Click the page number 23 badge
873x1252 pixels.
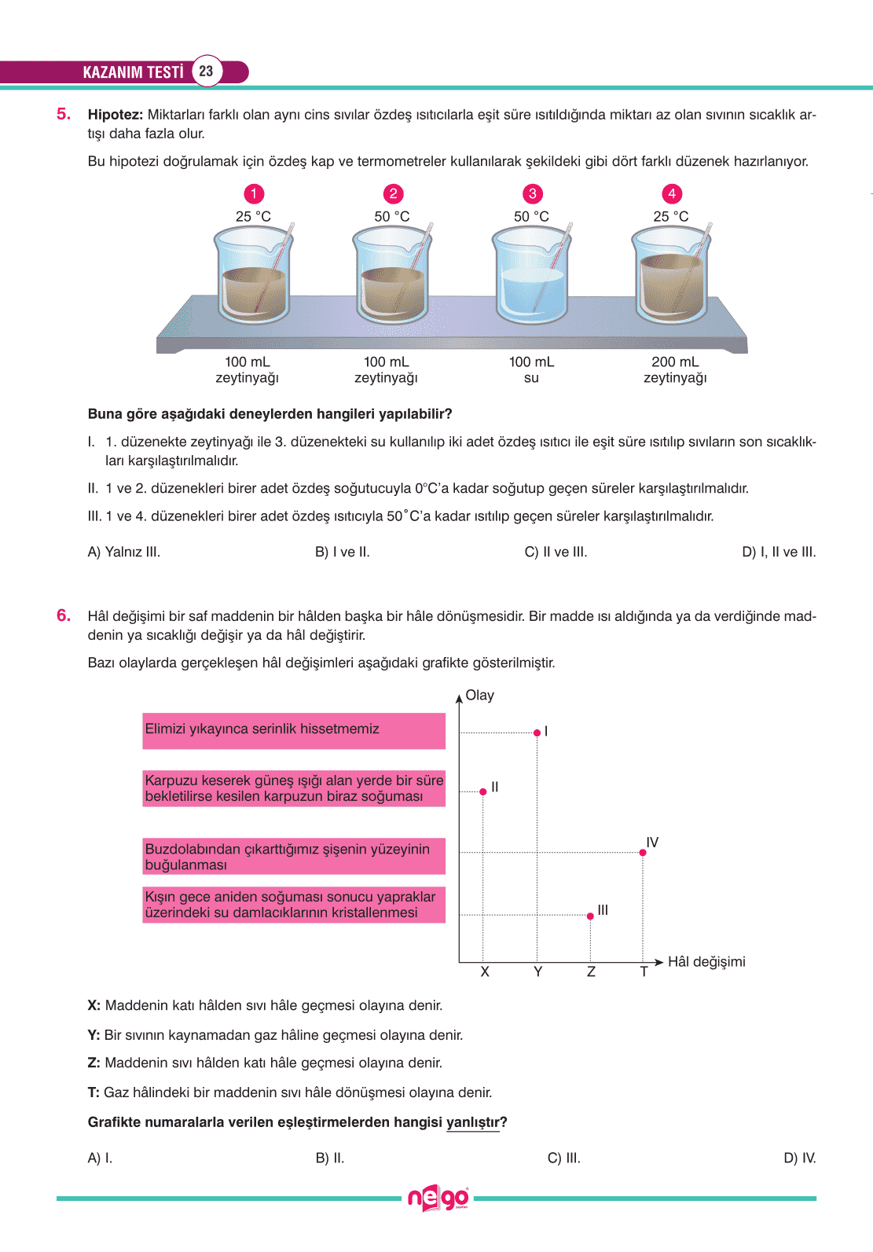click(206, 72)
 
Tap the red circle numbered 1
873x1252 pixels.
click(253, 194)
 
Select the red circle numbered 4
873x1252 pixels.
click(671, 194)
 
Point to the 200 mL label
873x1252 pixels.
click(675, 362)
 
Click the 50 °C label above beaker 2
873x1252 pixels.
click(392, 216)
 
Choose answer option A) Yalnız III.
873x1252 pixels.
click(124, 552)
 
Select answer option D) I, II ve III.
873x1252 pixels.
click(779, 552)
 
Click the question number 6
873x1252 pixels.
click(64, 615)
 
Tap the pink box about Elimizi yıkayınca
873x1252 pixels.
click(294, 730)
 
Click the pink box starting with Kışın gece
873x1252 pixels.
click(294, 905)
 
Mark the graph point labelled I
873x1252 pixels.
click(537, 732)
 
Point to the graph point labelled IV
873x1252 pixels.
click(643, 852)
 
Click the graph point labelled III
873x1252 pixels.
click(590, 916)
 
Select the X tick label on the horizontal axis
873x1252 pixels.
click(485, 972)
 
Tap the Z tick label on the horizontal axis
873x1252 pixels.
click(591, 972)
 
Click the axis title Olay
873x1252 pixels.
click(479, 696)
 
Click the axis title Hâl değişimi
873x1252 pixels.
click(706, 962)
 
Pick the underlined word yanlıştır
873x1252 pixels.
click(473, 1122)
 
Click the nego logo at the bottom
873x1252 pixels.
click(438, 1199)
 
